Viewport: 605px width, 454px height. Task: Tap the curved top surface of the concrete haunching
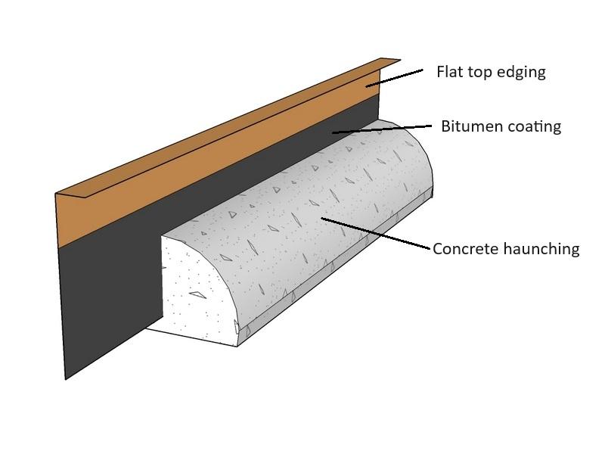point(302,204)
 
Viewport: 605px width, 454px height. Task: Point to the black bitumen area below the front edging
point(106,303)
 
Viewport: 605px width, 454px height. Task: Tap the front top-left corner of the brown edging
point(56,194)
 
